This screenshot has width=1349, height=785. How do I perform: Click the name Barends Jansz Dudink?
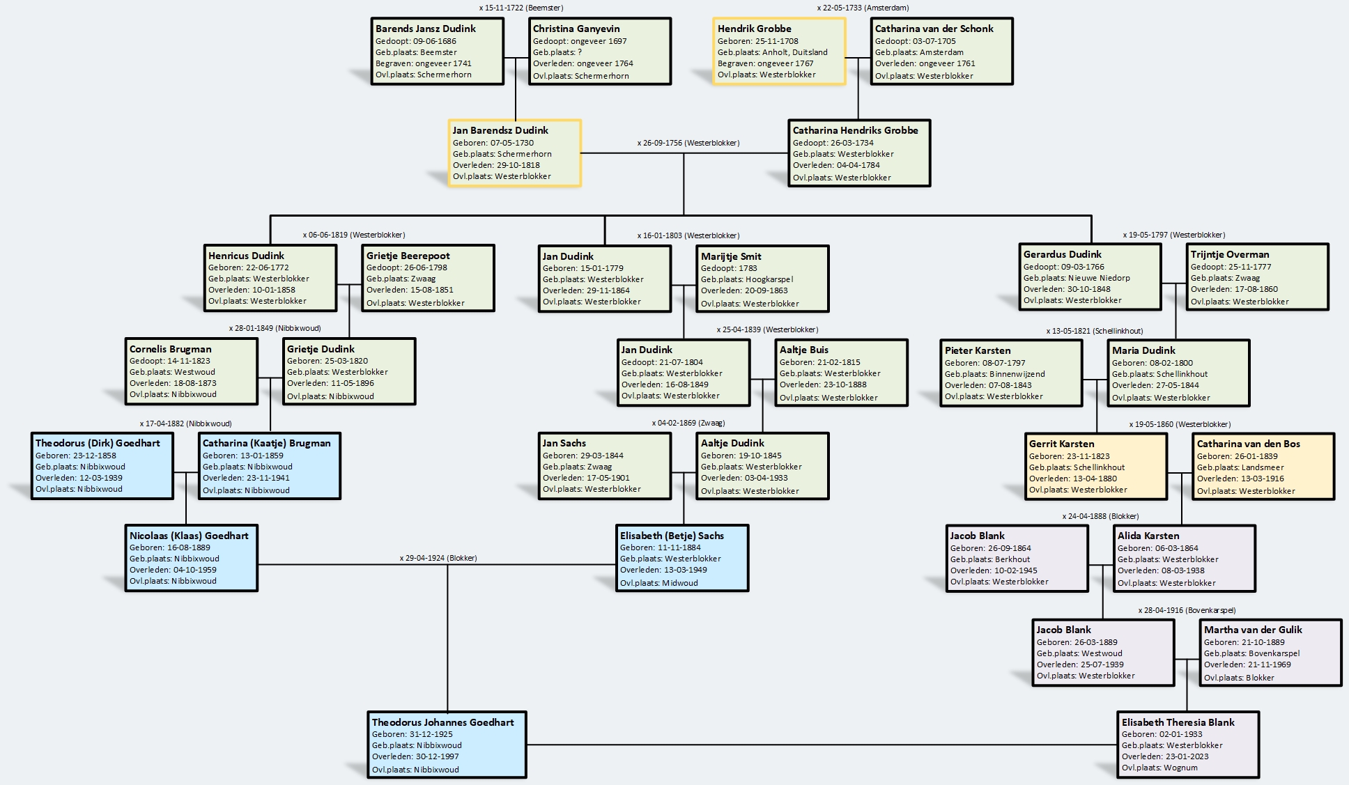coord(425,29)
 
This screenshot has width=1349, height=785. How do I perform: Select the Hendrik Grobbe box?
coord(779,52)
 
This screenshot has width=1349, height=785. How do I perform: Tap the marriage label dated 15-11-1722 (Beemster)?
coord(521,8)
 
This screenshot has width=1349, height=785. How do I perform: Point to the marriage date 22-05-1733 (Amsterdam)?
coord(863,8)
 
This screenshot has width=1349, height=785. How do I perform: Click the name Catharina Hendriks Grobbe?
coord(855,130)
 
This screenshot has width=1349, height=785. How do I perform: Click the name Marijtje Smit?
coord(731,256)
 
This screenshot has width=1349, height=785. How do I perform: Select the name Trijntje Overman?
coord(1230,254)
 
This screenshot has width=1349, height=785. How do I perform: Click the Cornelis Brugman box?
coord(192,372)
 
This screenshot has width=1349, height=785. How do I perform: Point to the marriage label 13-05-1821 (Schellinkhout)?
coord(1094,331)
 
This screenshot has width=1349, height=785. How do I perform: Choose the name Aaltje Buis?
coord(804,350)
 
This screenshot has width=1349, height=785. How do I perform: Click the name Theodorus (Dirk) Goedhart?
coord(98,443)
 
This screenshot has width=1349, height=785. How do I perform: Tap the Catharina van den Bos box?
coord(1263,467)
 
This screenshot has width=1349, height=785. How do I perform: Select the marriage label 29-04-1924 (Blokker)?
coord(438,558)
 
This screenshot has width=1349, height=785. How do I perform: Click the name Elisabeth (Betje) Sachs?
coord(672,536)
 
